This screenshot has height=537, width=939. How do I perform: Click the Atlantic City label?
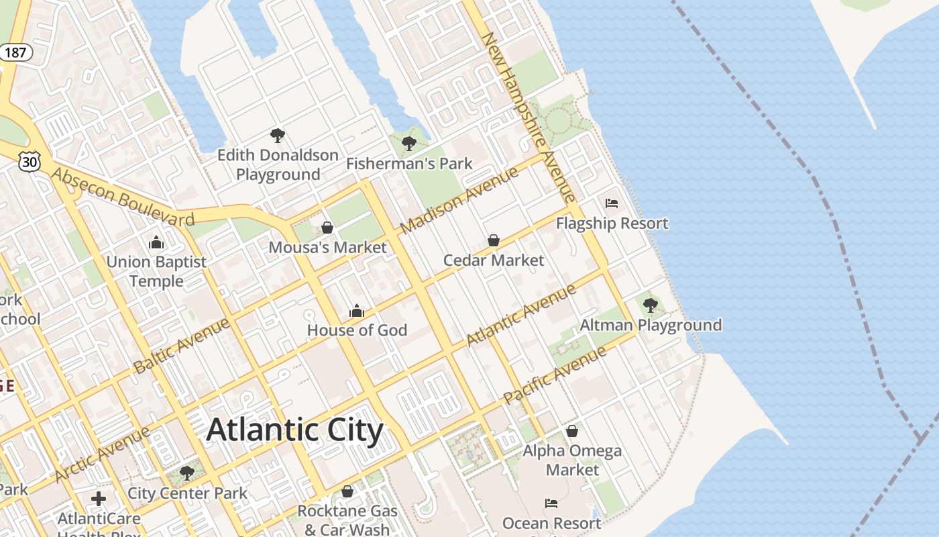click(x=294, y=430)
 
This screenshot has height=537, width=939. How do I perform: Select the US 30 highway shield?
click(x=30, y=160)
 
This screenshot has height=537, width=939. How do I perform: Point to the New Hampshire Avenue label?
click(x=529, y=117)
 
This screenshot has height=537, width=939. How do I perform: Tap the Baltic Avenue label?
click(x=181, y=346)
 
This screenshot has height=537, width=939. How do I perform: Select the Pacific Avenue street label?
click(x=555, y=375)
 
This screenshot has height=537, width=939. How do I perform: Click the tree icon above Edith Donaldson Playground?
click(x=278, y=136)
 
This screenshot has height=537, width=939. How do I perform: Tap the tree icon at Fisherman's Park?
click(x=408, y=143)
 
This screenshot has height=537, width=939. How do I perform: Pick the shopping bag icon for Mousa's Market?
click(x=327, y=228)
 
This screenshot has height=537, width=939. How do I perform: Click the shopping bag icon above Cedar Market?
click(x=494, y=240)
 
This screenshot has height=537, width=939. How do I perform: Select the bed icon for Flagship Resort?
click(x=611, y=203)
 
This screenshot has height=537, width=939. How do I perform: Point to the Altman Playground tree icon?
click(x=650, y=305)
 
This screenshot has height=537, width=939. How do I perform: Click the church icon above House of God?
click(x=357, y=311)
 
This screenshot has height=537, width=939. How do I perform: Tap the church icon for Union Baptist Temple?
click(x=156, y=242)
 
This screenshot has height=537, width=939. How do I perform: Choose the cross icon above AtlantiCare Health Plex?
click(x=99, y=499)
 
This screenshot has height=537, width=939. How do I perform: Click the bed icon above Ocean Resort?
click(x=551, y=503)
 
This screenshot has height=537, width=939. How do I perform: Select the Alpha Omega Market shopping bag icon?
click(x=572, y=430)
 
